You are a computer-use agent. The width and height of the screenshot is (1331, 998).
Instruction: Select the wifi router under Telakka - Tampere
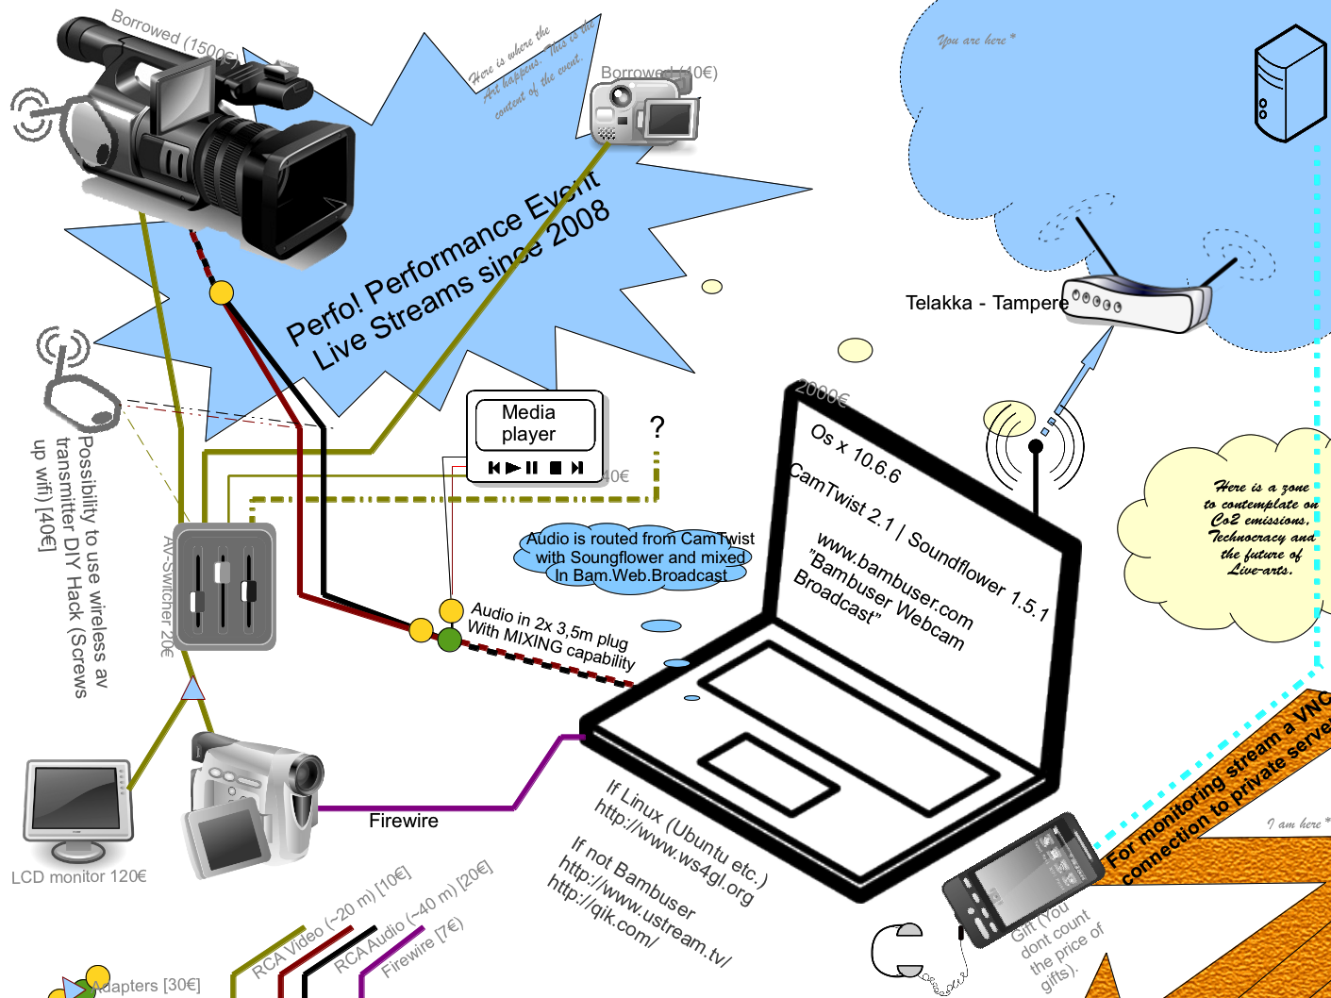point(1136,302)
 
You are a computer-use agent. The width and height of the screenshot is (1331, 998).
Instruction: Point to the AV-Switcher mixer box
point(225,587)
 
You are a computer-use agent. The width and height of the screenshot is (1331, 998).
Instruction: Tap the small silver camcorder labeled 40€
point(645,111)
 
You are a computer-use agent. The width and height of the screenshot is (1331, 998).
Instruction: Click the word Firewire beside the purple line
point(404,821)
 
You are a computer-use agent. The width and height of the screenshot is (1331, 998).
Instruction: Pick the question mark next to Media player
point(657,427)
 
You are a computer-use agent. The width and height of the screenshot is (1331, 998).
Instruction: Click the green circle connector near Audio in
point(450,640)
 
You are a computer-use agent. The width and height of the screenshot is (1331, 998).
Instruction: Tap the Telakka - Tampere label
point(986,303)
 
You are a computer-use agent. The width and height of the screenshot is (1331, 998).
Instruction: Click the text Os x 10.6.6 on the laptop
point(856,453)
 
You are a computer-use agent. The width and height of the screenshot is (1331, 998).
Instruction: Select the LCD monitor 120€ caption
point(79,876)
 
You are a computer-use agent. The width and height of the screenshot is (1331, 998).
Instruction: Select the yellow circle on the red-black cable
point(221,292)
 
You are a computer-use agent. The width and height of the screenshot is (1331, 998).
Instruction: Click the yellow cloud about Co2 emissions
point(1226,533)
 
